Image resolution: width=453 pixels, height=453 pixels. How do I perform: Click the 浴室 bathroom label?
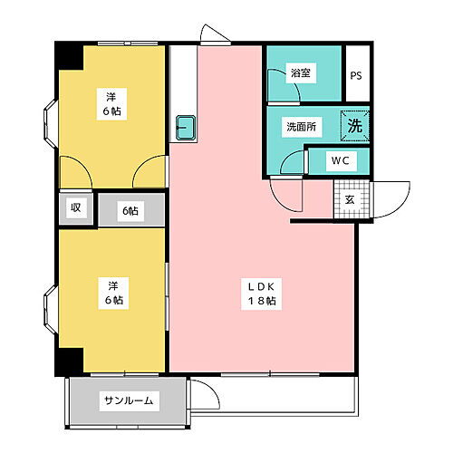(301, 73)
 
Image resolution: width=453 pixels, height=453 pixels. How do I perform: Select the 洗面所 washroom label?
(301, 127)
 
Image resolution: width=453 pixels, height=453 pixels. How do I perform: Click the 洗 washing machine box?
(355, 126)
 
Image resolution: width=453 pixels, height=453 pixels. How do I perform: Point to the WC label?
(341, 161)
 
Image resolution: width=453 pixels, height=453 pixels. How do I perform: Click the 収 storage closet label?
(76, 209)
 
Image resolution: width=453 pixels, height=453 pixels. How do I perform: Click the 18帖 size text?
(262, 302)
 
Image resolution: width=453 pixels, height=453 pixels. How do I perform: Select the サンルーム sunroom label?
(127, 400)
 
